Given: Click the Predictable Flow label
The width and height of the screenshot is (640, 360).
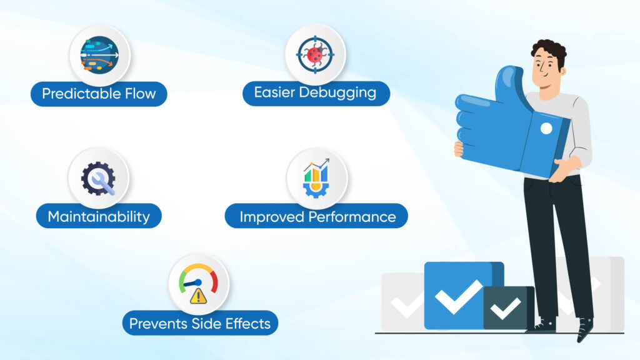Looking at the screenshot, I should [99, 94].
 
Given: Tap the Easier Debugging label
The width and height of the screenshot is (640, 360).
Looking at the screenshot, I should [316, 93].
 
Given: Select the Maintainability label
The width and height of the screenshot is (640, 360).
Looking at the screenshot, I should [99, 217].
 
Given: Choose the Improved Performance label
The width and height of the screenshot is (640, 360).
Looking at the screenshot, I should [317, 217].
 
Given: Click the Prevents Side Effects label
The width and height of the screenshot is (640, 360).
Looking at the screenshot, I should [199, 323].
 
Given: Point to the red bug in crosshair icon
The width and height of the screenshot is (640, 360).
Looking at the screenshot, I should [316, 55].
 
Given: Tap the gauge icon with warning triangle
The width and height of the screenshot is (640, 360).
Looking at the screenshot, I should [199, 284].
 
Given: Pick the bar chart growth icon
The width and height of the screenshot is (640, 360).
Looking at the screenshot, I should [317, 179].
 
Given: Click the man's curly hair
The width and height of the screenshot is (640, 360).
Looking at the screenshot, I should [548, 49].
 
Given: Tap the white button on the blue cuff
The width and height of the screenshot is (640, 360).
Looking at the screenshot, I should [546, 129].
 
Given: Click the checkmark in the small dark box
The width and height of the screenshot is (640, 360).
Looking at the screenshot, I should [506, 307].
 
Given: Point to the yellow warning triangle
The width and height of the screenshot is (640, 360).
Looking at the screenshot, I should [199, 296].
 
